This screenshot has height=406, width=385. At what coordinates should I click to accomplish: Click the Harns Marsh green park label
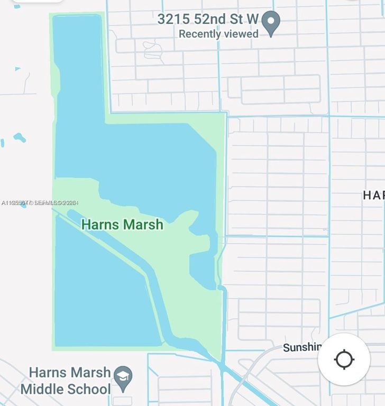(x=122, y=225)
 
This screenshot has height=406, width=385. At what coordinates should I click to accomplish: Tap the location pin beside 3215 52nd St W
(x=271, y=23)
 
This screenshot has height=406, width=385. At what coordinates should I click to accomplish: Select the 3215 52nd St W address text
(x=208, y=20)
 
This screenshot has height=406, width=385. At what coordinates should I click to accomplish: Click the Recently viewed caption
(x=218, y=34)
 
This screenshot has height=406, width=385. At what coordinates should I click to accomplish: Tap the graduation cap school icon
(x=123, y=376)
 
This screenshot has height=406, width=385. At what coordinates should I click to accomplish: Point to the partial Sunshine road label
(x=302, y=347)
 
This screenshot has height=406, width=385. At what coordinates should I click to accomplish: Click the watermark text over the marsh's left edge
(x=40, y=202)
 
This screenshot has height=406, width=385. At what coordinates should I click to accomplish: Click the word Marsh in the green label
(x=143, y=225)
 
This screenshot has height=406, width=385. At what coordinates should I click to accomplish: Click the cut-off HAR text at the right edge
(x=373, y=195)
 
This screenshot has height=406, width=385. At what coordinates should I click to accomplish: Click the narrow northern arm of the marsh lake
(x=78, y=63)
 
